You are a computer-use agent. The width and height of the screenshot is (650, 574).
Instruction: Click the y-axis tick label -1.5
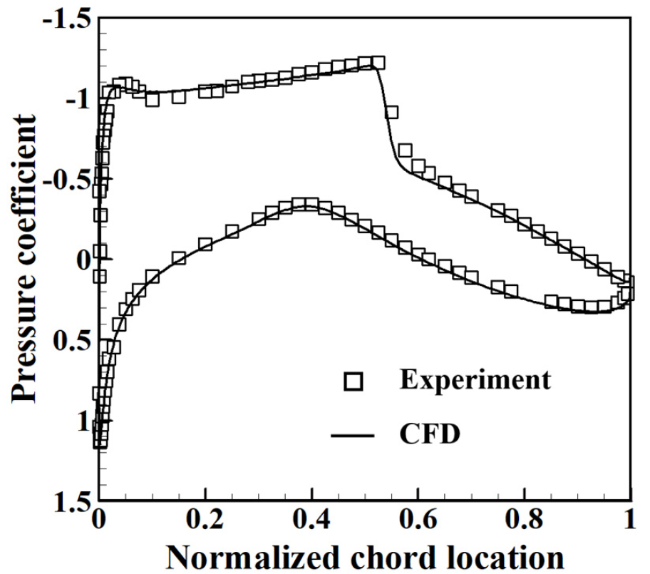68,19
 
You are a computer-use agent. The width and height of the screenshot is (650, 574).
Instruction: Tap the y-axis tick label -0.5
68,180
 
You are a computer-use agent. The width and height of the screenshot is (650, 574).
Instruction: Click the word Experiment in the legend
475,379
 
